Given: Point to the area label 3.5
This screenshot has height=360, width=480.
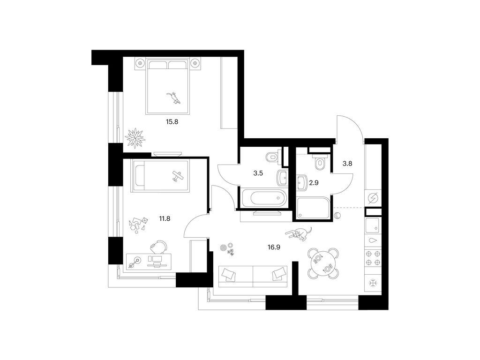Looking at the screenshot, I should (257, 172).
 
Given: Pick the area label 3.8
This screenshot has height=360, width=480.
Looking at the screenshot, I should (347, 164).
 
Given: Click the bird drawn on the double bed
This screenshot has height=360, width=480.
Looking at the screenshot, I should (175, 97).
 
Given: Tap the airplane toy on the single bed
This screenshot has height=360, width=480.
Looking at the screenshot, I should (177, 177).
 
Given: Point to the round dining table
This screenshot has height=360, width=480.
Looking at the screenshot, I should (323, 263).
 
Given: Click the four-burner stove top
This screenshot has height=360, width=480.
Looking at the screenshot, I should (374, 258).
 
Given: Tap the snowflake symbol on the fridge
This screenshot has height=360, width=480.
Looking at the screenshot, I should (374, 283).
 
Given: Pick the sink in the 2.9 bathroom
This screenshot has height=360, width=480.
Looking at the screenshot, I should (301, 182).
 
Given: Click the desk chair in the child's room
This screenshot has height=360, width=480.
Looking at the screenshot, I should (159, 247).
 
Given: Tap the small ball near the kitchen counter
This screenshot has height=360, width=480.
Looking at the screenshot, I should (337, 216).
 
